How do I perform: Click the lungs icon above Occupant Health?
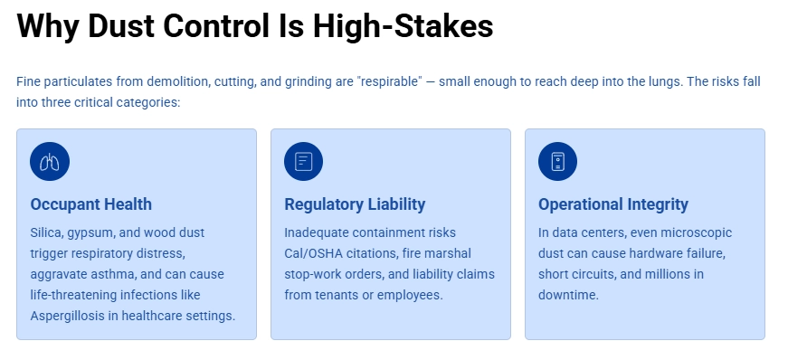(50, 162)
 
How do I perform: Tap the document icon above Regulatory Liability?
(304, 162)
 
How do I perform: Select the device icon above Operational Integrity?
(557, 162)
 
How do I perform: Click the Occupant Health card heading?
(90, 204)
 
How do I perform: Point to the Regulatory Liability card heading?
(355, 204)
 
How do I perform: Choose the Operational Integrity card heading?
(612, 204)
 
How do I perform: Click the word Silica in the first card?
(46, 232)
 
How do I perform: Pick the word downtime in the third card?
(568, 295)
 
